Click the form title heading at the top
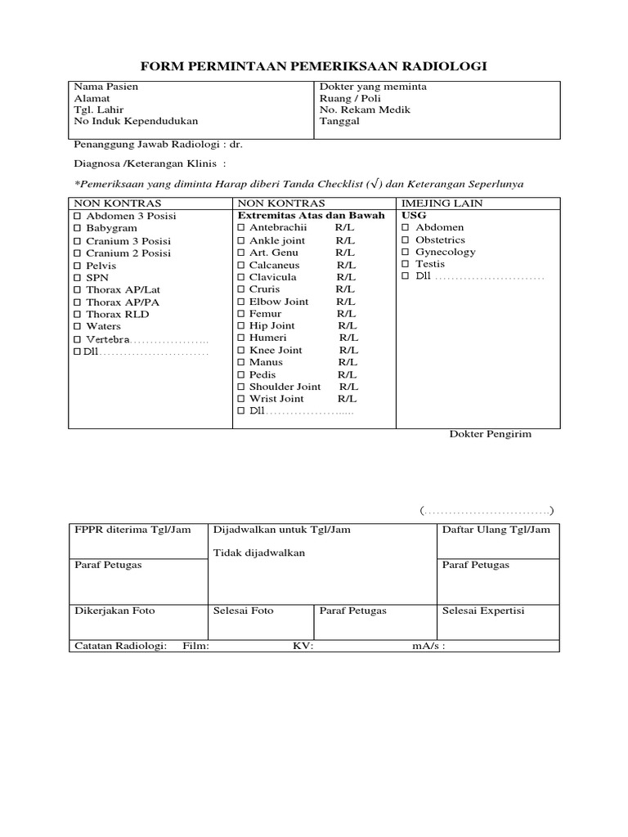314,66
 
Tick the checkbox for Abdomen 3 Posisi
78,217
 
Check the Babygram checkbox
78,229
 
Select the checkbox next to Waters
78,327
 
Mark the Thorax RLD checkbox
78,315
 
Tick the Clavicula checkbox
241,278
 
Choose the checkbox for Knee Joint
241,351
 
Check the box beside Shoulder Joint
241,387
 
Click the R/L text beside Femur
346,314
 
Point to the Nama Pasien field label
106,87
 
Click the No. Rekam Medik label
365,110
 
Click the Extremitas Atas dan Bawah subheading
311,216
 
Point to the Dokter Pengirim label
491,434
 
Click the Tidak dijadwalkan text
259,553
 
